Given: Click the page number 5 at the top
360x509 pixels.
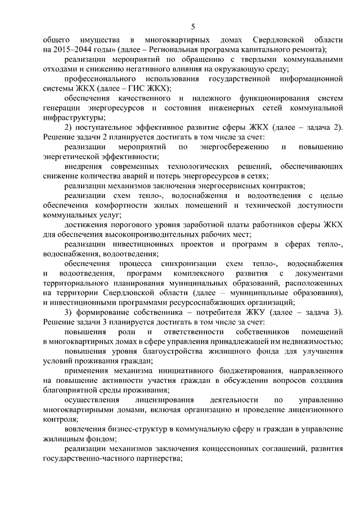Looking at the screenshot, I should click(x=193, y=26).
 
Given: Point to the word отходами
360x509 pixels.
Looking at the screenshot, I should click(x=60, y=69).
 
